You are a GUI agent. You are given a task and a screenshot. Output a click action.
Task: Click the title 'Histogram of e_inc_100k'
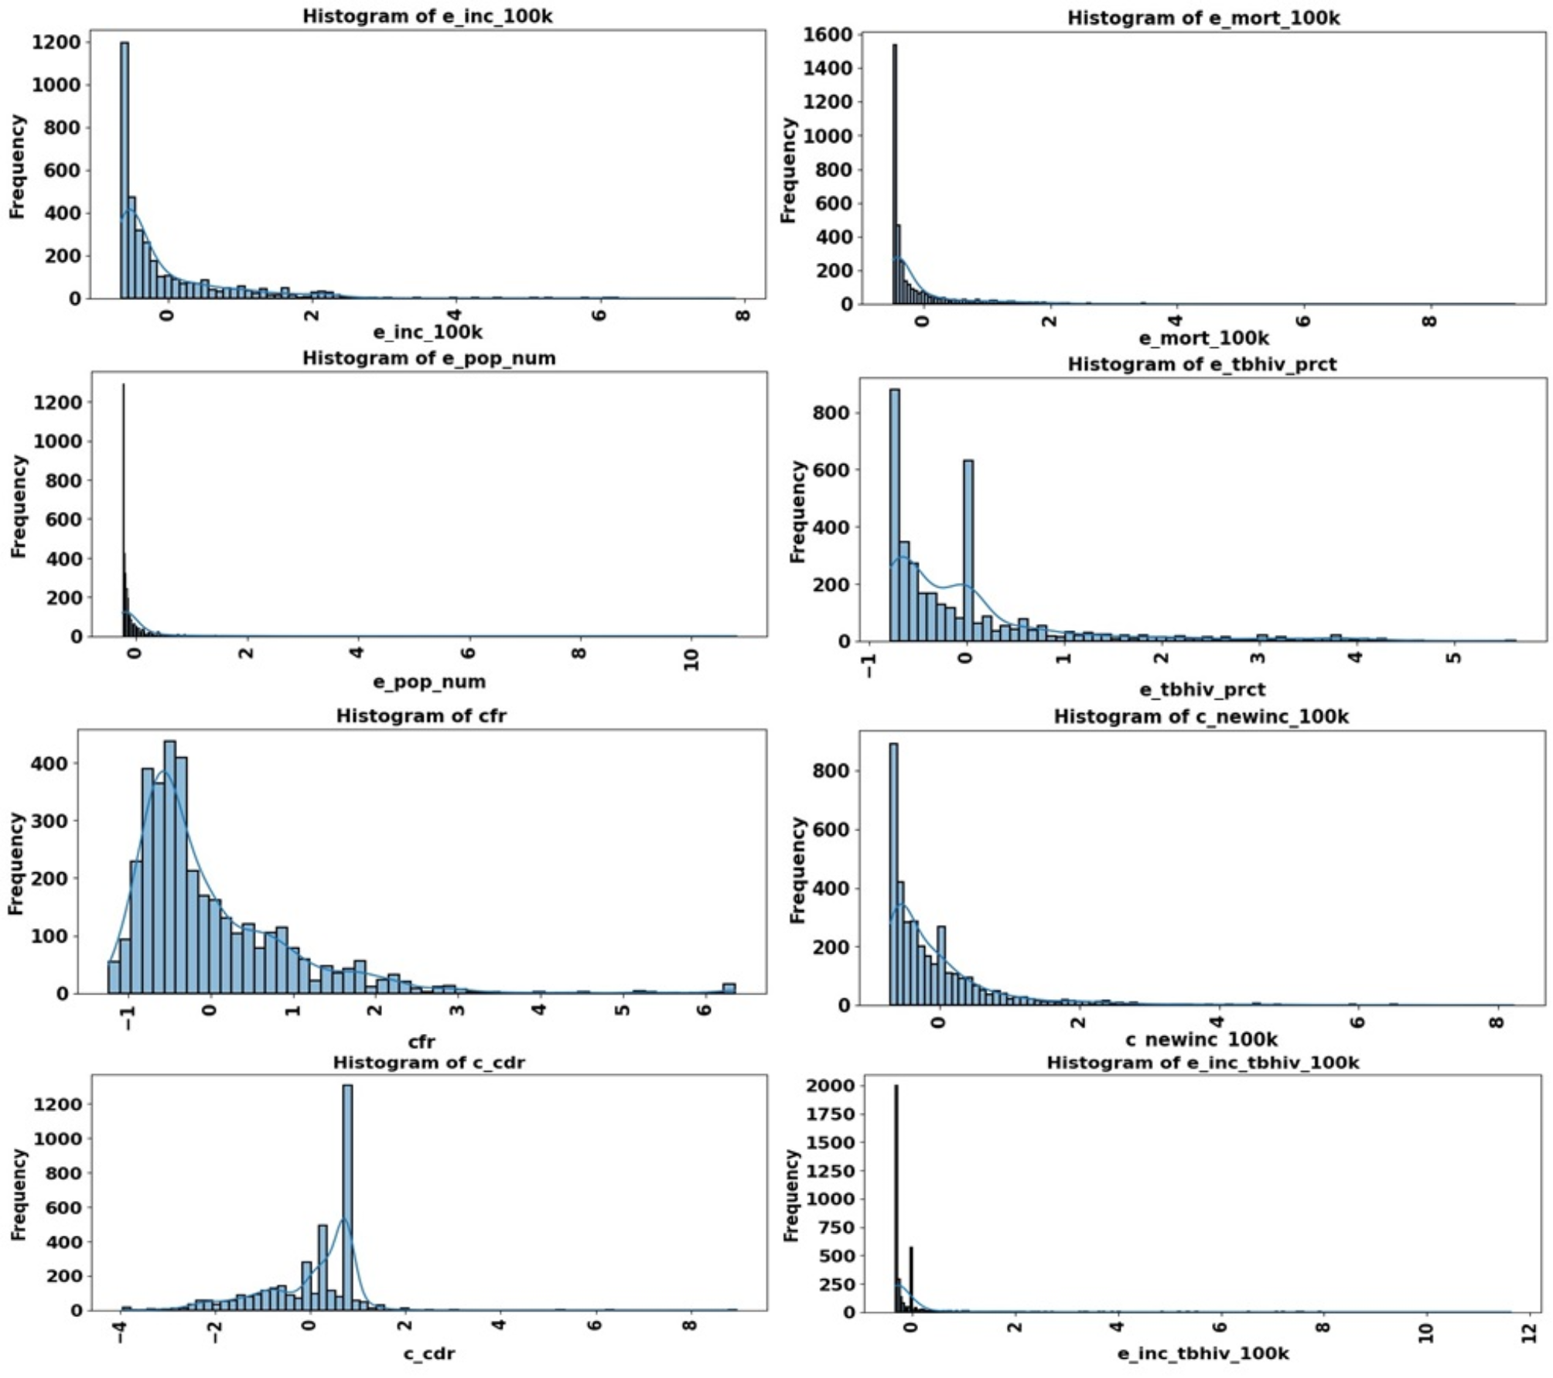pos(427,16)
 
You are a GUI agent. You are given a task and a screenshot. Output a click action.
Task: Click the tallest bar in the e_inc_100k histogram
pos(125,170)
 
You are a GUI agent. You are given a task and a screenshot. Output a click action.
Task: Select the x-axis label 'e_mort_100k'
pos(1203,338)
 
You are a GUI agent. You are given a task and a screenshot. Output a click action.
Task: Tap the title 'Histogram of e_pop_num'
pos(428,358)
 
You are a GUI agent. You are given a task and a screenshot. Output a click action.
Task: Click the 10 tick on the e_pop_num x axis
pos(691,660)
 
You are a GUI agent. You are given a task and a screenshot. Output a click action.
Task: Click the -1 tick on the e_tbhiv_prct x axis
pos(870,664)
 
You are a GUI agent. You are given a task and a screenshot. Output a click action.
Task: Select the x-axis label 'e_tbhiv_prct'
pos(1202,689)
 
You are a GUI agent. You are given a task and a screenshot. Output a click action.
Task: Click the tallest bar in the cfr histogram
pos(169,866)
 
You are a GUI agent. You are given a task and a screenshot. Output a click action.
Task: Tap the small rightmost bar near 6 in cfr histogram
pos(729,987)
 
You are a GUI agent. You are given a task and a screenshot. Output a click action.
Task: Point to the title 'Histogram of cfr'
pos(421,715)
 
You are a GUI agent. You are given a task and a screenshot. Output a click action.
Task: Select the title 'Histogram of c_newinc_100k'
pos(1200,717)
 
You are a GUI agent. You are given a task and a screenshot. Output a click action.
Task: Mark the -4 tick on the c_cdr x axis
pos(121,1332)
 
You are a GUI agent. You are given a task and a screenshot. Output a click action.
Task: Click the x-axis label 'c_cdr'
pos(428,1353)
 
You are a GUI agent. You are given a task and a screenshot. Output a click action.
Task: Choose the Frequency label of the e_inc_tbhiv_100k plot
pos(790,1196)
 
